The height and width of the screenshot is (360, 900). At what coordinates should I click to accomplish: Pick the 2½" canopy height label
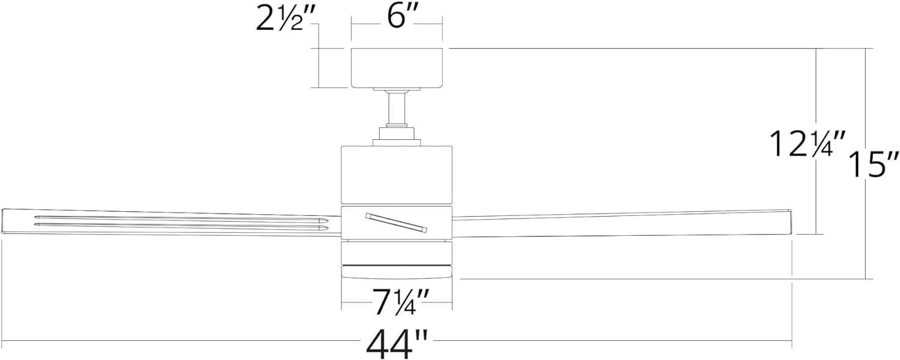(x=284, y=19)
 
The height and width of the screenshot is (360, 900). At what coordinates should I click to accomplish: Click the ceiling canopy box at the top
(x=397, y=68)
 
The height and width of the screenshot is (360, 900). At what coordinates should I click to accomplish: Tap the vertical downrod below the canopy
(x=397, y=109)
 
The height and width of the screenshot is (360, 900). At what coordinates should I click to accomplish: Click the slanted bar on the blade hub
(x=396, y=223)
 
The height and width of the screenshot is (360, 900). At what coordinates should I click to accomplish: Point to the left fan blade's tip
(x=3, y=221)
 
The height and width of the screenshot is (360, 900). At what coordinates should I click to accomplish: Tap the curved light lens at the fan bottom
(x=397, y=272)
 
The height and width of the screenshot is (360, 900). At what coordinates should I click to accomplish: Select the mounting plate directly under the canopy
(x=397, y=89)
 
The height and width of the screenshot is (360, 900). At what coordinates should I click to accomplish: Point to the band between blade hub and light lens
(x=397, y=253)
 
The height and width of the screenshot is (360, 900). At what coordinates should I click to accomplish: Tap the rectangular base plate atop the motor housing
(x=397, y=142)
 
